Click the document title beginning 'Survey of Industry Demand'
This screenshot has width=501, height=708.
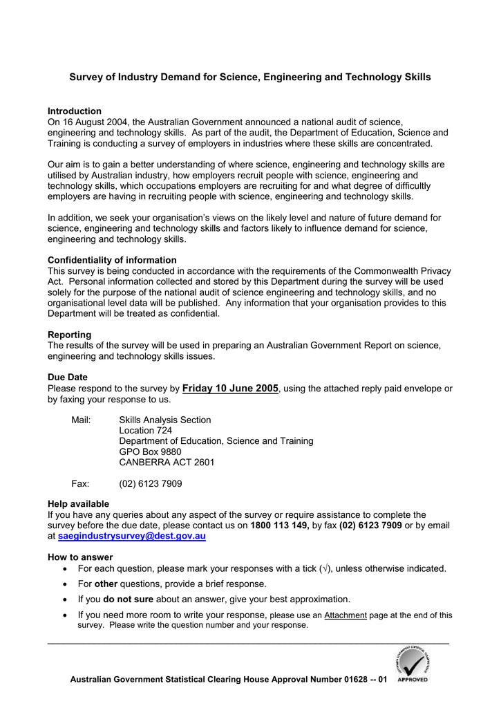tap(249, 77)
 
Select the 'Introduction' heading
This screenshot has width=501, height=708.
tap(75, 111)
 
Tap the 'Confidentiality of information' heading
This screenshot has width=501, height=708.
tap(112, 260)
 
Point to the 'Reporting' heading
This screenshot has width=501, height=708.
tap(69, 335)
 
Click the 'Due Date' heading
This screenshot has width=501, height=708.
tap(68, 378)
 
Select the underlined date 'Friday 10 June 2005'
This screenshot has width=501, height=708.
tap(230, 389)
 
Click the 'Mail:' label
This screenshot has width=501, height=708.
tap(82, 420)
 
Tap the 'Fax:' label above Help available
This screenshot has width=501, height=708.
tap(80, 483)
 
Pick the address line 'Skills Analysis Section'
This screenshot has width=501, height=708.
tap(165, 420)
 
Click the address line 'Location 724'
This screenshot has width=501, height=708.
tap(146, 430)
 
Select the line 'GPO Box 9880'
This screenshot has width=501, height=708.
tap(150, 451)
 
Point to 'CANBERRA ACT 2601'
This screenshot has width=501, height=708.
tap(167, 462)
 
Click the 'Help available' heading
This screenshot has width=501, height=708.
tap(78, 504)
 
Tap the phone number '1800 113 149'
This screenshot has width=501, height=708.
tap(279, 525)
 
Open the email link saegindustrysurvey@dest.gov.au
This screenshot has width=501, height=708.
tap(131, 536)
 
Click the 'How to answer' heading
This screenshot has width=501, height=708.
tap(80, 557)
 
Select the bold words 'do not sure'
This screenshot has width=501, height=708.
tap(128, 599)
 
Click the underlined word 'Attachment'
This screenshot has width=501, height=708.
tap(346, 615)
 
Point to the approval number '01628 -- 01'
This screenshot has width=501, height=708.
tap(366, 680)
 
